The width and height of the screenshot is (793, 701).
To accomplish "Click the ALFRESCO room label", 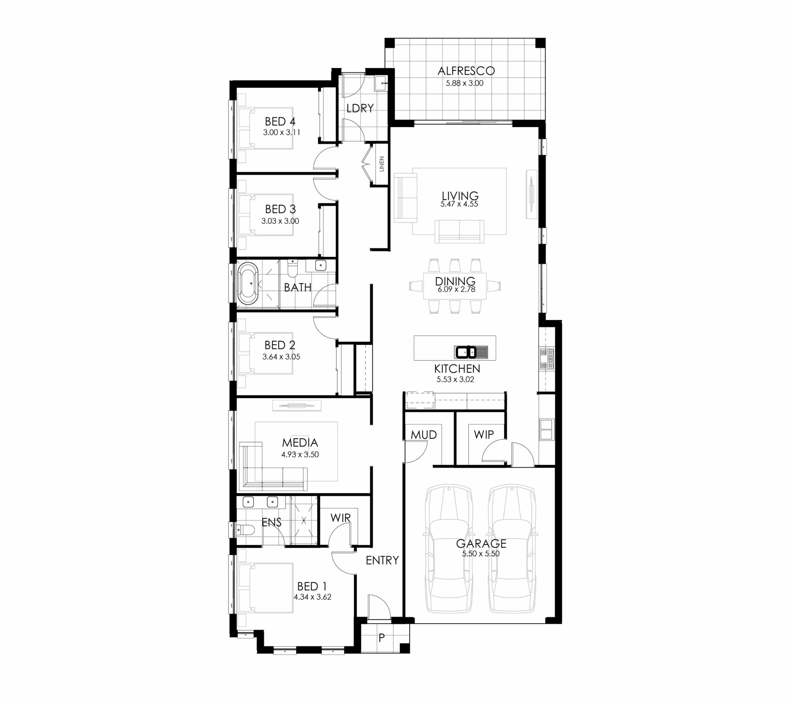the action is [x=466, y=71].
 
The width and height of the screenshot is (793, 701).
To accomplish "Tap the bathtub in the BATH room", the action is [x=248, y=283].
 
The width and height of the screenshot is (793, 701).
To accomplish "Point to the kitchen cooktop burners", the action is [x=547, y=359].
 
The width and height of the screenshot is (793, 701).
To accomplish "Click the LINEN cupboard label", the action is [x=382, y=164].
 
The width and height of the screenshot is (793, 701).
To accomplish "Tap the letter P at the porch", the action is [x=382, y=638].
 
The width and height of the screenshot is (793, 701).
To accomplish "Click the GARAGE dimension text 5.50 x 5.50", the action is [x=481, y=554].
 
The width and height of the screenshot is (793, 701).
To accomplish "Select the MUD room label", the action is [x=424, y=435].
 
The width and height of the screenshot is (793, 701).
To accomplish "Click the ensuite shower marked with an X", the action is [x=304, y=521].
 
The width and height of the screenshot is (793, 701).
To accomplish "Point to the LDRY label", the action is [x=360, y=108].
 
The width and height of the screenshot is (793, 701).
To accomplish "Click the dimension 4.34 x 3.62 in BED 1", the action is [x=312, y=597].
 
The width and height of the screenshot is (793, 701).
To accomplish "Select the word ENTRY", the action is [x=382, y=560].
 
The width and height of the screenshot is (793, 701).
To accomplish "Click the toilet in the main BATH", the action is [x=292, y=268].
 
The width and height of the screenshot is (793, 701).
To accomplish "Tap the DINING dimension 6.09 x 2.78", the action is [x=456, y=289].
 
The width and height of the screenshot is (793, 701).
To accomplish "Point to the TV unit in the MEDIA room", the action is [x=297, y=405].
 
